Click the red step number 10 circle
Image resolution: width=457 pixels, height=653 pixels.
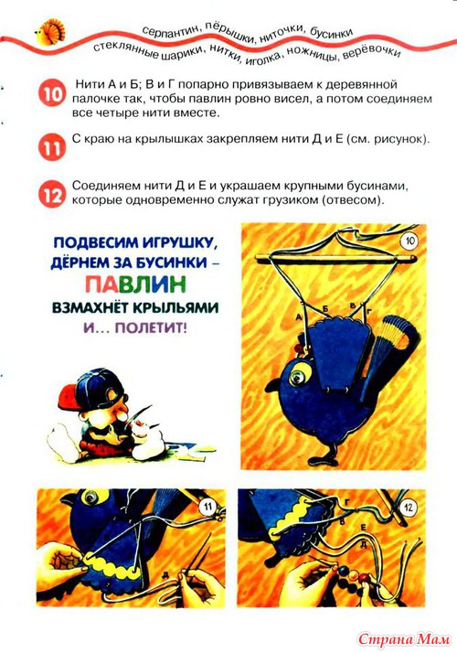(x=52, y=93)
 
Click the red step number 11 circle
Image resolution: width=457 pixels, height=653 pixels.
(x=52, y=147)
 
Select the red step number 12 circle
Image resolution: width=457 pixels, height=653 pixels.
(x=52, y=194)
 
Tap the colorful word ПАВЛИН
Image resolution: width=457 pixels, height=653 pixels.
(x=135, y=285)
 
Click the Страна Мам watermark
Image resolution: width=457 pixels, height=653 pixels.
(x=404, y=639)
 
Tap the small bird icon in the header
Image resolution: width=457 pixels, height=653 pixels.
(x=50, y=31)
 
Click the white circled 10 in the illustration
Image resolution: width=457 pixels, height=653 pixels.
(x=410, y=241)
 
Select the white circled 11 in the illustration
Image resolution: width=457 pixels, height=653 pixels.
(x=207, y=507)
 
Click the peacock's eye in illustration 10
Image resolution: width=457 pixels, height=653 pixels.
(x=296, y=375)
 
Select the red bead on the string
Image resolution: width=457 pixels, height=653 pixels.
(x=364, y=578)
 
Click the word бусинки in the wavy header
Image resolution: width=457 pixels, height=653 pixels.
(x=331, y=33)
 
